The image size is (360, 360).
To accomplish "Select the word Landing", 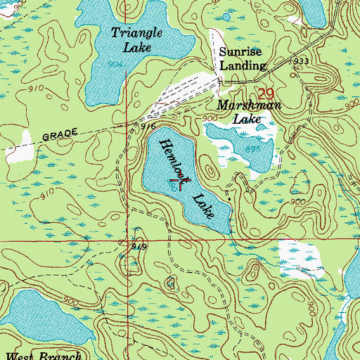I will tap(242, 66).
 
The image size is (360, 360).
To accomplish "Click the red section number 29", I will tap(265, 94).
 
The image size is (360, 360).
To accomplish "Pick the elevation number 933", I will tap(302, 62).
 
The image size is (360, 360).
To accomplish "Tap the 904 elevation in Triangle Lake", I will tap(116, 64).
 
